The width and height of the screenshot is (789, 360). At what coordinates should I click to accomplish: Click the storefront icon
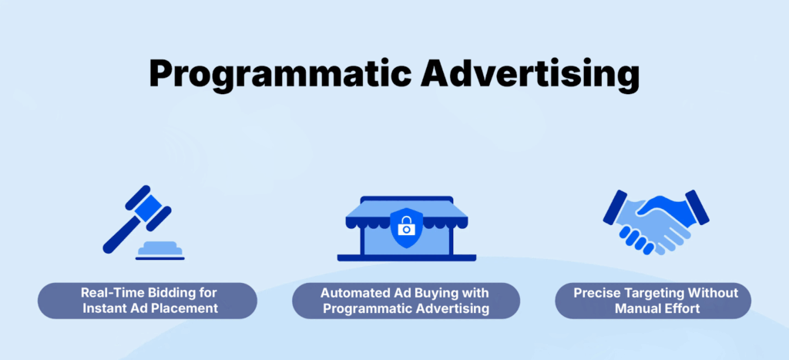[x=406, y=227]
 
